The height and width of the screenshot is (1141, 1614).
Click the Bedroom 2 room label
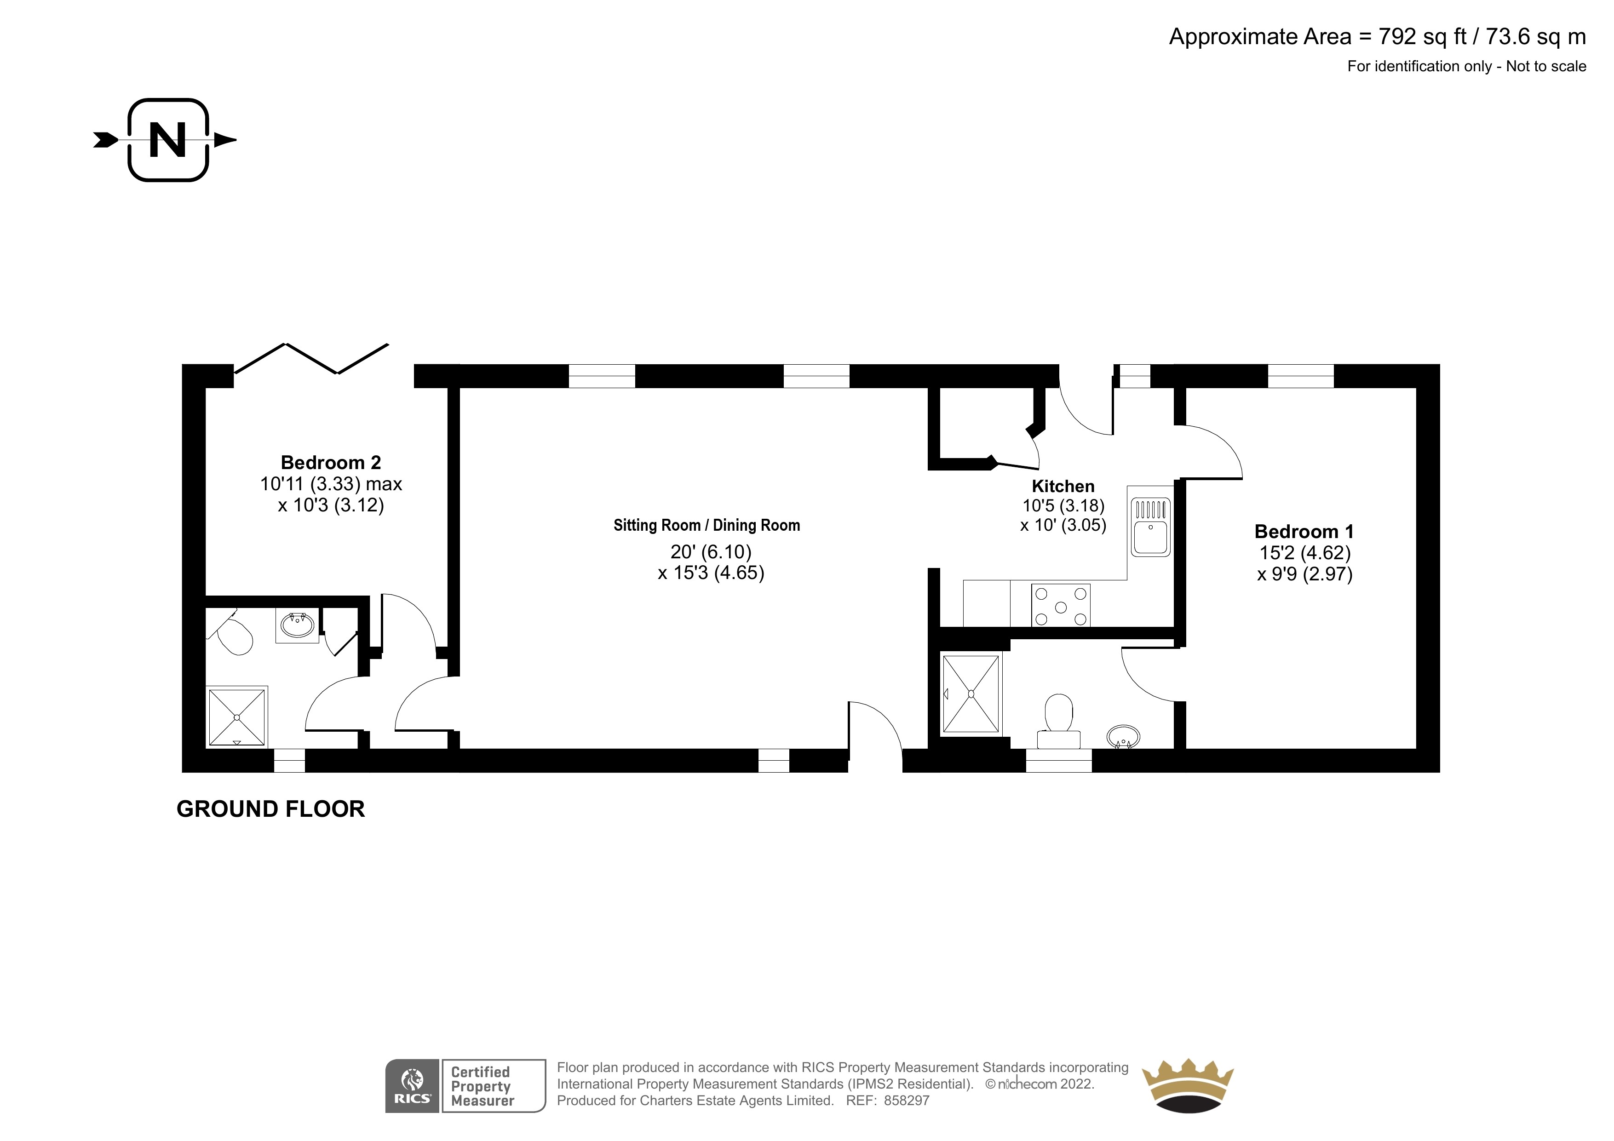click(x=331, y=463)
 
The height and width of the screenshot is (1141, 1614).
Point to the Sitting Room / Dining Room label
click(x=706, y=525)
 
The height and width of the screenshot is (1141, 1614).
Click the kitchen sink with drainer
click(x=1151, y=526)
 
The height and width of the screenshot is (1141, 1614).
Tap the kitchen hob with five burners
click(x=1061, y=605)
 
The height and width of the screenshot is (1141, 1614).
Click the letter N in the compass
click(x=168, y=140)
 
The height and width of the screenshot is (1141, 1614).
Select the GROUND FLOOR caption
click(x=270, y=809)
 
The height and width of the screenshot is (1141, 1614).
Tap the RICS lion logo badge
click(x=413, y=1086)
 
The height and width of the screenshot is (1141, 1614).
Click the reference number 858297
click(x=907, y=1101)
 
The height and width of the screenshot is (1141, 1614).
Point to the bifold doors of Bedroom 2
click(x=311, y=359)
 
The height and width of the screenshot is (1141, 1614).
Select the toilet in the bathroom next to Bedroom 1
click(x=1059, y=722)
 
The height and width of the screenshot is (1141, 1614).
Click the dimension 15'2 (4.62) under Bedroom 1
click(x=1305, y=553)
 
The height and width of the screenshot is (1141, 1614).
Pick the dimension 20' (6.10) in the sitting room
click(x=711, y=552)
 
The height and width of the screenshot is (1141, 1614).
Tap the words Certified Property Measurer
click(x=482, y=1086)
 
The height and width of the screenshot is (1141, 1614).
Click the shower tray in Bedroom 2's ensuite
click(x=237, y=717)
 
